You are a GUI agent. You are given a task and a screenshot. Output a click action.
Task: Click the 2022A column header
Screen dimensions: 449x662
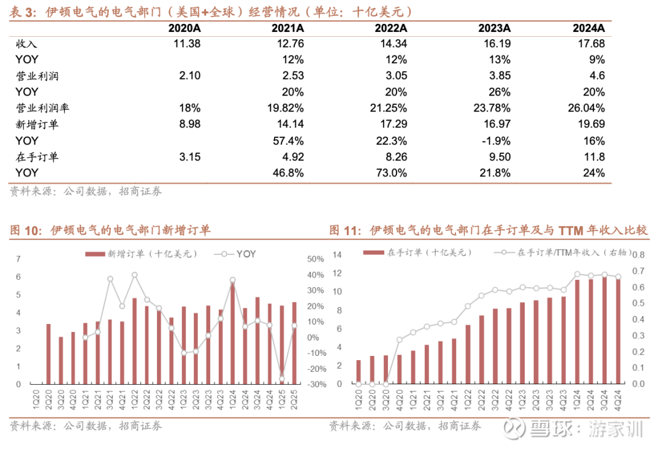[x=391, y=28]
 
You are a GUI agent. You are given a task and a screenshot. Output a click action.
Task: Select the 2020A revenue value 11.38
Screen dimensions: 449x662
[x=186, y=44]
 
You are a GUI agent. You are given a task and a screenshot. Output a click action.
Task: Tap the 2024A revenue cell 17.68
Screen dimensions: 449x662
[x=590, y=44]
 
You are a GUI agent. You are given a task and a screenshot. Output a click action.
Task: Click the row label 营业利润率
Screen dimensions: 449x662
[x=42, y=108]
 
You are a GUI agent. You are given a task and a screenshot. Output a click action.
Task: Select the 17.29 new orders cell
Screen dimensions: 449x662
[x=392, y=124]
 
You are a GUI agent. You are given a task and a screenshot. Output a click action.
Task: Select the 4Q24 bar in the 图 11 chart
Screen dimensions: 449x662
[x=617, y=331]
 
